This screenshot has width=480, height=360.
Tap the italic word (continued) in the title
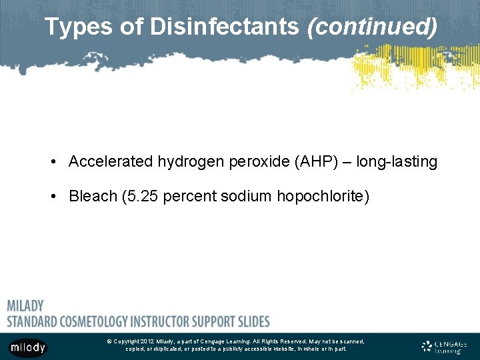tap(371, 27)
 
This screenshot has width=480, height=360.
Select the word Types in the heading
tap(71, 27)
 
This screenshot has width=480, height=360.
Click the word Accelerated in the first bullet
tap(111, 162)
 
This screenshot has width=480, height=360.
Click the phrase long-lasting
tap(397, 162)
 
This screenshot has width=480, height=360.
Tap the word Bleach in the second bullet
tap(91, 197)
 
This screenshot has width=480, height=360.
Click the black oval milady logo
tap(28, 347)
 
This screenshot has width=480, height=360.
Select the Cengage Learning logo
tap(444, 347)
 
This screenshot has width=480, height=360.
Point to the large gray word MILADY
tap(25, 306)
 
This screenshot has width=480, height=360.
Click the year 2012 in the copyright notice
tap(147, 341)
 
